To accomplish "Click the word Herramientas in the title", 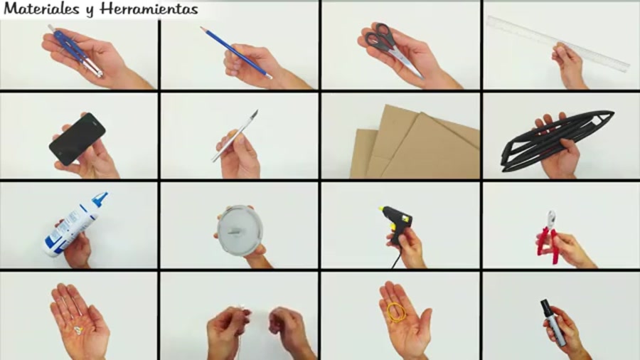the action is pyautogui.click(x=149, y=9).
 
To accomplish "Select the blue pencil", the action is pyautogui.click(x=235, y=52).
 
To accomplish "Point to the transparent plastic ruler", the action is pyautogui.click(x=559, y=44).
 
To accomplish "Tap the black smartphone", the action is pyautogui.click(x=77, y=139).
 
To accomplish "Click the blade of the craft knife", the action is pyautogui.click(x=255, y=115).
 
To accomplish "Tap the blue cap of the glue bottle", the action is pyautogui.click(x=100, y=198).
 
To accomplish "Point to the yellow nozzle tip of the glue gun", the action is pyautogui.click(x=381, y=209).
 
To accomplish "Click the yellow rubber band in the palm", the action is pyautogui.click(x=396, y=312).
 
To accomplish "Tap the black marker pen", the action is pyautogui.click(x=553, y=322).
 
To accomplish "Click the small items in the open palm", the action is pyautogui.click(x=78, y=330).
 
